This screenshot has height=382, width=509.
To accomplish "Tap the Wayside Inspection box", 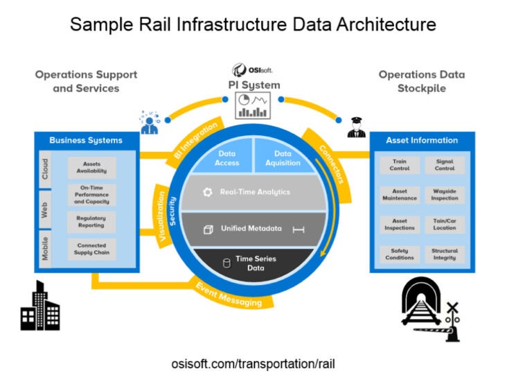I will pos(445,195).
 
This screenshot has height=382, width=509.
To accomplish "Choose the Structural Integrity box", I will pos(445,254).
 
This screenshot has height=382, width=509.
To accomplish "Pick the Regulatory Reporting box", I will pos(91,221).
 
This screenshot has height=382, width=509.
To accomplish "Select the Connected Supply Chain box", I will pos(91,249).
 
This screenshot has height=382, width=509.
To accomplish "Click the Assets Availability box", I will pos(91,168).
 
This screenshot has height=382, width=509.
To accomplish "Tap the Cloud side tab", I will pos(45,168).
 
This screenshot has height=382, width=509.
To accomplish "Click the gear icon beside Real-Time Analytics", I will pos(207,192).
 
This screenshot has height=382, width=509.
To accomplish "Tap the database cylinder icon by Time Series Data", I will pos(226,263).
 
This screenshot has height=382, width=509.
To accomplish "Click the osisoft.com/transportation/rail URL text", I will pos(254,364).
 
